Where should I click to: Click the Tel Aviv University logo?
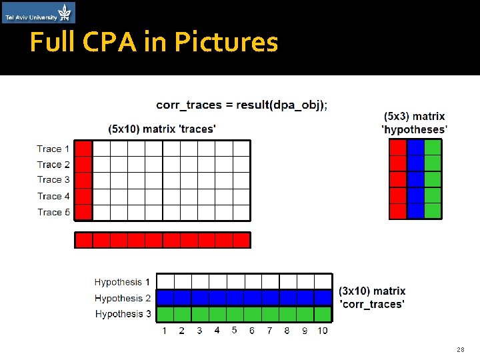(x=39, y=13)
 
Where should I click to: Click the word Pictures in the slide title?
(x=226, y=43)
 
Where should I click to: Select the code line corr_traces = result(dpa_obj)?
(x=242, y=105)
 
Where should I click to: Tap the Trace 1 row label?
(x=53, y=149)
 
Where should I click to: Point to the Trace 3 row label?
(x=53, y=179)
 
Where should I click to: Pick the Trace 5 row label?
(x=53, y=212)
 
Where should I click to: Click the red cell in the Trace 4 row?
(x=83, y=196)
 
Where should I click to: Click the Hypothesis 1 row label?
(x=122, y=282)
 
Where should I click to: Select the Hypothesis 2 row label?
(x=122, y=298)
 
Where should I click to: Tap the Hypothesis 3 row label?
(x=122, y=313)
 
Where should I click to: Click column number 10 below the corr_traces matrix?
(x=322, y=331)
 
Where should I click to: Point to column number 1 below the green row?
(x=165, y=331)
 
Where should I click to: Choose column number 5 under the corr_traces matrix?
(x=234, y=330)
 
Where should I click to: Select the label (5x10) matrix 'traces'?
(x=162, y=128)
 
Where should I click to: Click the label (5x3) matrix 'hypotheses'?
(x=414, y=123)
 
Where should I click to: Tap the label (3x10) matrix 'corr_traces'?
(x=372, y=297)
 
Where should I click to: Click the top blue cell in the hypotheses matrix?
(x=415, y=147)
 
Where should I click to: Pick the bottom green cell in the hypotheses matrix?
(x=433, y=211)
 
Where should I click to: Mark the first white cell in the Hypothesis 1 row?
(x=165, y=281)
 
